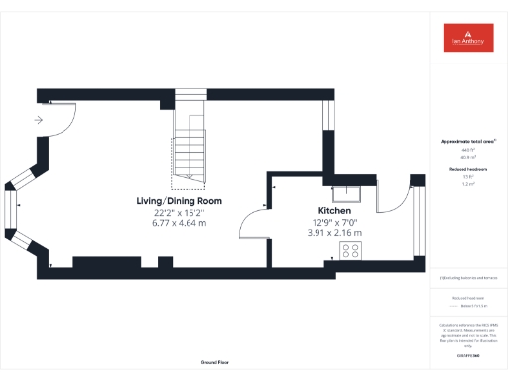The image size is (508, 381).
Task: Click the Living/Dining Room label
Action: [180, 201]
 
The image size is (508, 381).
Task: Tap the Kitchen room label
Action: [333, 211]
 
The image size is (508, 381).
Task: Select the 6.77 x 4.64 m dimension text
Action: [180, 223]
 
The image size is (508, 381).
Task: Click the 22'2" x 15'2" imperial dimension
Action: [180, 212]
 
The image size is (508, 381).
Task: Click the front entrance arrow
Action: [38, 120]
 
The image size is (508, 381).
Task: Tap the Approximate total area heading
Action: [466, 142]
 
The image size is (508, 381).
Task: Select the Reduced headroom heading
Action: [466, 170]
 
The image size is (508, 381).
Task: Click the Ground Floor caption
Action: [214, 363]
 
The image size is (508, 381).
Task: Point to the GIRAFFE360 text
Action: [466, 353]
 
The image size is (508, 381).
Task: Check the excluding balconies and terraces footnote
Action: [466, 278]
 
